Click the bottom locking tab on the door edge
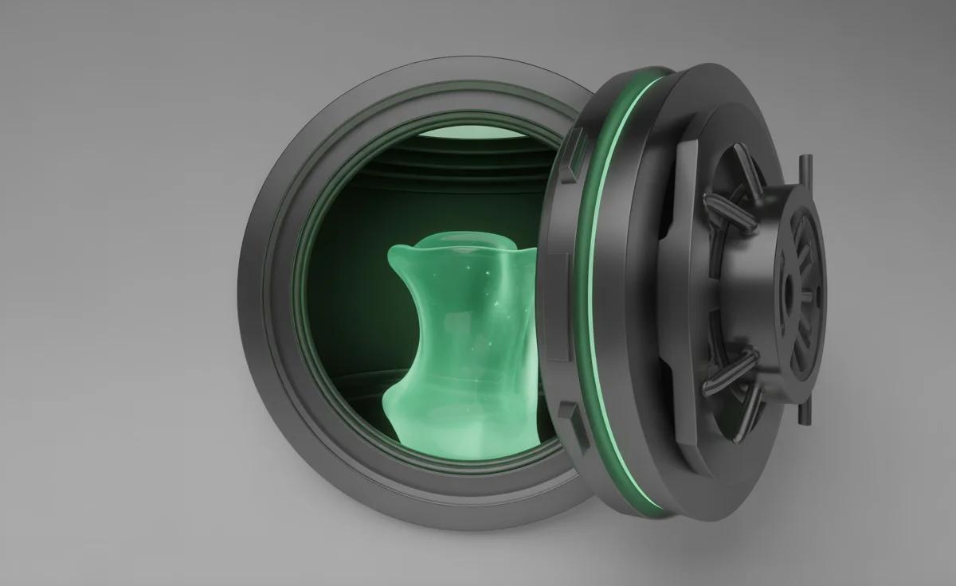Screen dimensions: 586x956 569,414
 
